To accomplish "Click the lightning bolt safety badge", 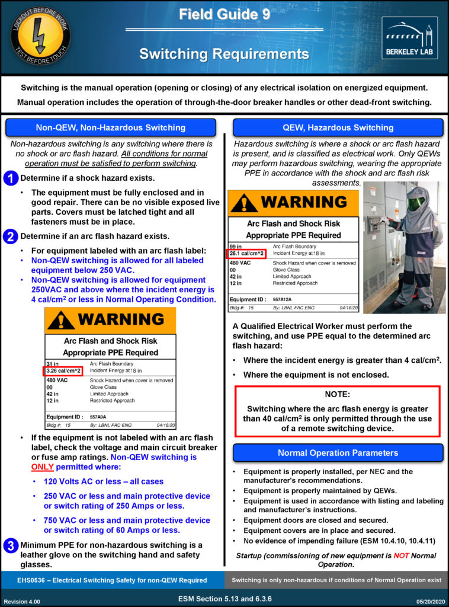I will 40,37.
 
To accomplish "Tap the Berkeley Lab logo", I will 409,37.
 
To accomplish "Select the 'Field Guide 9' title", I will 224,15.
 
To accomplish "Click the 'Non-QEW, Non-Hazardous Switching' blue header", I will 111,127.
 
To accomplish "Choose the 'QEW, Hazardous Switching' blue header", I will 338,127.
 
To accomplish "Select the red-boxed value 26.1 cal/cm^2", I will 247,254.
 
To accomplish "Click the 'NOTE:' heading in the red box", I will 338,394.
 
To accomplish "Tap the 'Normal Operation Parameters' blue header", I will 338,453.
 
